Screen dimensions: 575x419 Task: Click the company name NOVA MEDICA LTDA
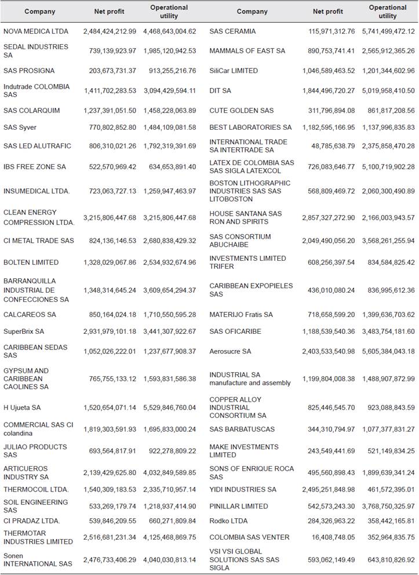36,31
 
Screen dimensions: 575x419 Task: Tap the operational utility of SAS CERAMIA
388,31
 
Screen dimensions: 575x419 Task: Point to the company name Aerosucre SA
230,351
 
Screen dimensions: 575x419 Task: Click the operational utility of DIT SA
388,90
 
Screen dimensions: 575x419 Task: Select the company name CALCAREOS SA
30,315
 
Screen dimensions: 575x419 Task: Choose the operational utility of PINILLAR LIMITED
388,507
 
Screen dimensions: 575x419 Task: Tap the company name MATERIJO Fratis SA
241,315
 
